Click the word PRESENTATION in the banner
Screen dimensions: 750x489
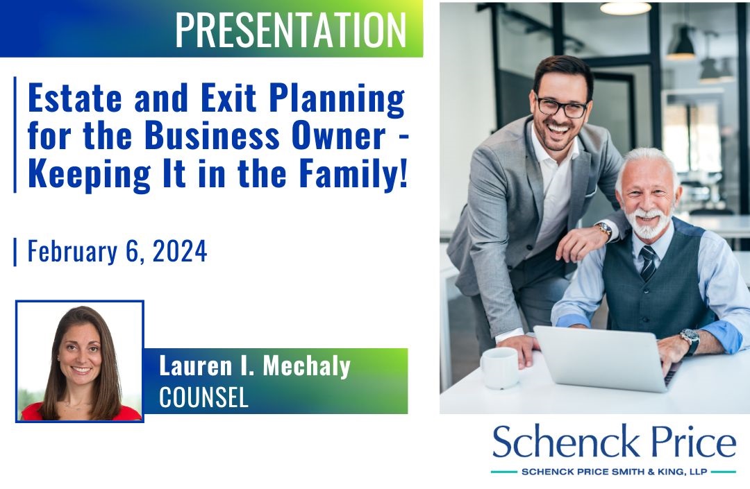click(x=290, y=30)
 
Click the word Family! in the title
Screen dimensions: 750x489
click(x=353, y=174)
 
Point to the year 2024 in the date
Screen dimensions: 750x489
click(x=180, y=250)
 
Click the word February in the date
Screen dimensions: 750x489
click(x=72, y=252)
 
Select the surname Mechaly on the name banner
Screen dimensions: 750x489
click(x=306, y=367)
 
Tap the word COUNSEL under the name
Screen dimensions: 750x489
click(x=203, y=397)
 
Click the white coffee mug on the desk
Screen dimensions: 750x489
click(x=499, y=368)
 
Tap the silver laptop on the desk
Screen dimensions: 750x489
click(x=605, y=358)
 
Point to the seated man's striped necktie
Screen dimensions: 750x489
click(x=648, y=263)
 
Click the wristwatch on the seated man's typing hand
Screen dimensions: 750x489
click(x=690, y=340)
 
